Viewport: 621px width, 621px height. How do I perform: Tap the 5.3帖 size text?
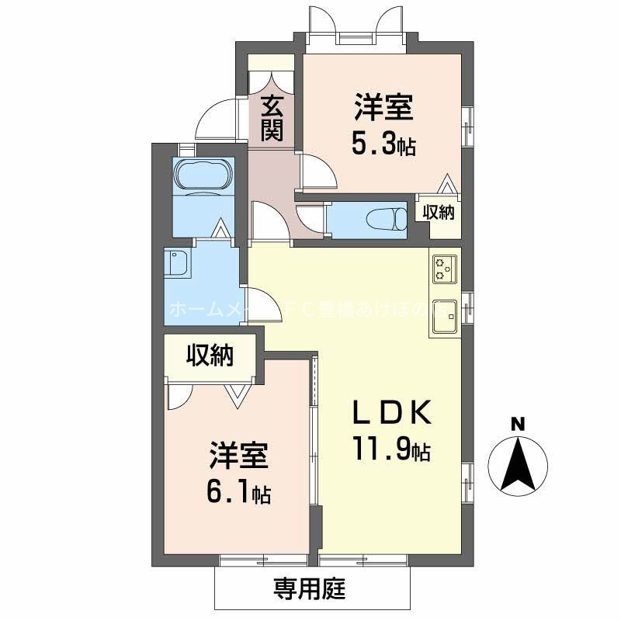click(383, 144)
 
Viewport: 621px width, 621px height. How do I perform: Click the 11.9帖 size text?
click(392, 449)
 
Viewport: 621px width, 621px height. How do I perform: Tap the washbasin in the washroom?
click(177, 264)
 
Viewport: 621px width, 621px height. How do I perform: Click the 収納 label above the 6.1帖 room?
click(210, 356)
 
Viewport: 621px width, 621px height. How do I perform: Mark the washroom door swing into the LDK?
click(259, 299)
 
